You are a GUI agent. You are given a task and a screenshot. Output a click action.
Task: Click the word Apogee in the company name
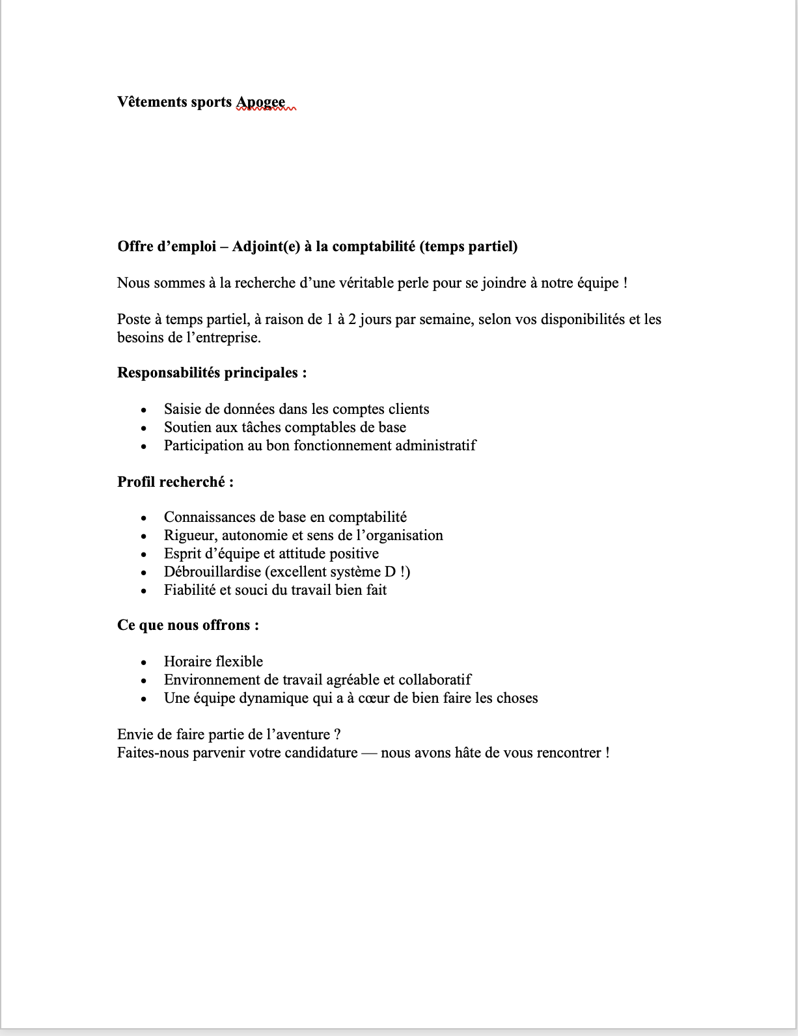tap(260, 102)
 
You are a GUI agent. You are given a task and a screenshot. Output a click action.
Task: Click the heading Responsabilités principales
tap(212, 373)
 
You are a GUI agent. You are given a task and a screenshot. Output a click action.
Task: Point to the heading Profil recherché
tap(175, 482)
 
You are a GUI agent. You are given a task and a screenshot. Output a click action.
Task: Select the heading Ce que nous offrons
tap(187, 625)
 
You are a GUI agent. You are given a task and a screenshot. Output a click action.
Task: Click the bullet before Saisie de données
tap(144, 410)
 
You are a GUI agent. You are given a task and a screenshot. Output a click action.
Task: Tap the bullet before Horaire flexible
tap(144, 662)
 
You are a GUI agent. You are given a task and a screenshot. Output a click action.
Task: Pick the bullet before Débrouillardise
tap(144, 573)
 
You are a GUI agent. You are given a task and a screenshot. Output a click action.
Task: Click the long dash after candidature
tap(369, 753)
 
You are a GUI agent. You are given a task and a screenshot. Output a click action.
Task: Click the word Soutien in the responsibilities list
tap(187, 428)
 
